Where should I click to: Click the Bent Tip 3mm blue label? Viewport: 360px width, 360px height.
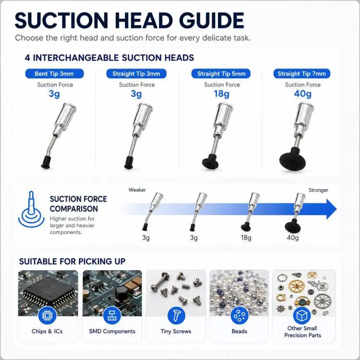point(54,74)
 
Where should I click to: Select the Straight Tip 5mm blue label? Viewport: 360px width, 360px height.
point(221,74)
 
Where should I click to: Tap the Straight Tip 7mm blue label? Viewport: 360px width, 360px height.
point(302,74)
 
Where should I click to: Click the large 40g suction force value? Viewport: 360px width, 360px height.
point(302,94)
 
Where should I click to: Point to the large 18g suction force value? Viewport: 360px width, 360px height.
point(222,94)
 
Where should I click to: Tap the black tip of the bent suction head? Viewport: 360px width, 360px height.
point(46,162)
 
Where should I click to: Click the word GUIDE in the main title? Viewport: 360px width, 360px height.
point(212,21)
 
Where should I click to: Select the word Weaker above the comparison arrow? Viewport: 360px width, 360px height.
point(137,190)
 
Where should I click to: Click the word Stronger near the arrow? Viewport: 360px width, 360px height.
point(318,190)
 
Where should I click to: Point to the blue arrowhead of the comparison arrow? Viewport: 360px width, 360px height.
point(331,209)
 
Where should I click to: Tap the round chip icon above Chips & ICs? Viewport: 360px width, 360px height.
point(48,315)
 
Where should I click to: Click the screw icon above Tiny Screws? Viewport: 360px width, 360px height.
point(176,315)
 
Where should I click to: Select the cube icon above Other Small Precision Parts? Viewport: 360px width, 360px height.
point(302,316)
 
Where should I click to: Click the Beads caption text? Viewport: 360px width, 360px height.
point(240,331)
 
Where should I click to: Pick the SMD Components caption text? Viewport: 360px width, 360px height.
point(112,331)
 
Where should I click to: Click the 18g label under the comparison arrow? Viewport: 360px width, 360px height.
point(246,238)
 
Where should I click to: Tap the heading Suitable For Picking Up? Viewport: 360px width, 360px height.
point(72,261)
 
